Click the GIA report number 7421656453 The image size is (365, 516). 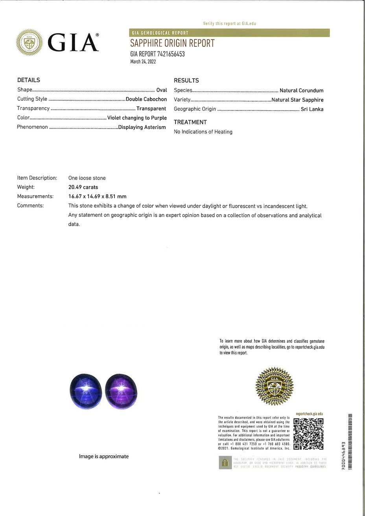coord(157,54)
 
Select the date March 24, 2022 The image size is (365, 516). coord(143,61)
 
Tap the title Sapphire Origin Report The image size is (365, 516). coord(172,43)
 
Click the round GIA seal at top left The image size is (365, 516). coord(29,42)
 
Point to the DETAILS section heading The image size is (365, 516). coord(29,80)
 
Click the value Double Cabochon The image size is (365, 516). coord(146,99)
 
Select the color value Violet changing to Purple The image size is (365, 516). coord(137,118)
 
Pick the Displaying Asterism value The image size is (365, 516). coord(142,127)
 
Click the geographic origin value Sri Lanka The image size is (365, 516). coord(312,109)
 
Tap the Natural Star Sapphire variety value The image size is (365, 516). coord(297,100)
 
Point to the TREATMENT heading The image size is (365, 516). coord(190,122)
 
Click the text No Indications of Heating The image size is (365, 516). coord(203,132)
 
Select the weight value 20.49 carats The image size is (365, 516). coord(83,187)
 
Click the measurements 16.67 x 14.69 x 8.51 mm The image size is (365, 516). coord(98,196)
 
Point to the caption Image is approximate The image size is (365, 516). coord(104,457)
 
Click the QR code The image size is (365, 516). coord(309,433)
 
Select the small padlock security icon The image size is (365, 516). coord(225,462)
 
